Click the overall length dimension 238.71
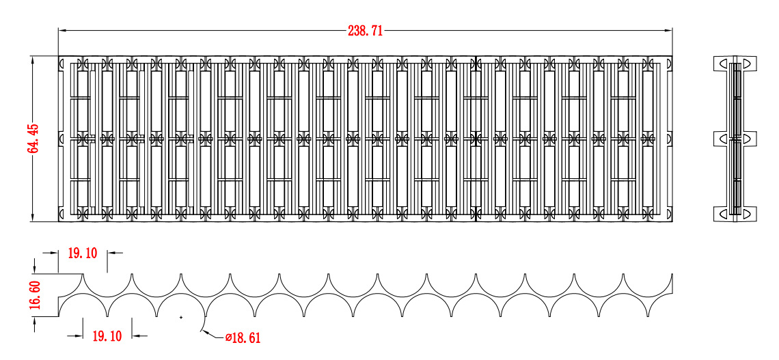click(365, 31)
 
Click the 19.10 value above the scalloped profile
click(83, 253)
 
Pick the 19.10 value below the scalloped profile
click(107, 335)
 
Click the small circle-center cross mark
click(180, 317)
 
